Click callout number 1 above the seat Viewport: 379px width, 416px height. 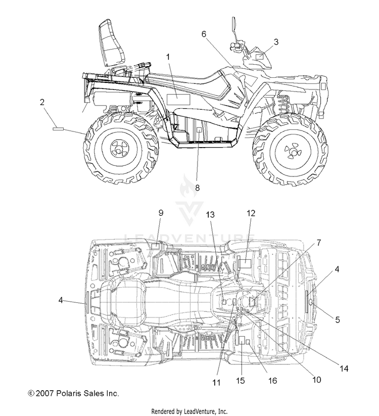pyautogui.click(x=168, y=57)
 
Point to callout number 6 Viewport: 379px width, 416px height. pyautogui.click(x=204, y=34)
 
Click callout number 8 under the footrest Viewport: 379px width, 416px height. pyautogui.click(x=197, y=188)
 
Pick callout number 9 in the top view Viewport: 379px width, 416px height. pyautogui.click(x=161, y=213)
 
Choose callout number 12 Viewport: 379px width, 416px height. pyautogui.click(x=251, y=213)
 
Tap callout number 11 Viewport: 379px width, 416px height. pyautogui.click(x=216, y=383)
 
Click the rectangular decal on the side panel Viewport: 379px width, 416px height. pyautogui.click(x=179, y=99)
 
